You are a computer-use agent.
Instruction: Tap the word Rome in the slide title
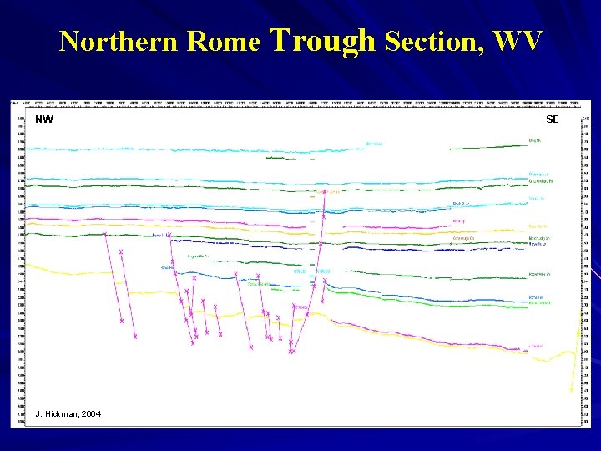pyautogui.click(x=225, y=41)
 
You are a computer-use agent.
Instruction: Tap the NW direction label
pyautogui.click(x=44, y=119)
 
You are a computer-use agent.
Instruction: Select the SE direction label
pyautogui.click(x=552, y=119)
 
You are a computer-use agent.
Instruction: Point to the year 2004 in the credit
pyautogui.click(x=91, y=413)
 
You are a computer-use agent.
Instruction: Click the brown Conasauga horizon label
pyautogui.click(x=463, y=238)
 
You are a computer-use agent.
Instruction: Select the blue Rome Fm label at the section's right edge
pyautogui.click(x=538, y=244)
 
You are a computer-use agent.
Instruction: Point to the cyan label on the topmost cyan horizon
pyautogui.click(x=374, y=144)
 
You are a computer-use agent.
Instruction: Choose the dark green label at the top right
pyautogui.click(x=534, y=141)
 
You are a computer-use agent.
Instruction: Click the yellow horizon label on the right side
pyautogui.click(x=538, y=225)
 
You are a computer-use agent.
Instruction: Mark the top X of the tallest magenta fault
pyautogui.click(x=324, y=192)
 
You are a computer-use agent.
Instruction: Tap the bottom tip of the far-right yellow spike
pyautogui.click(x=572, y=389)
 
